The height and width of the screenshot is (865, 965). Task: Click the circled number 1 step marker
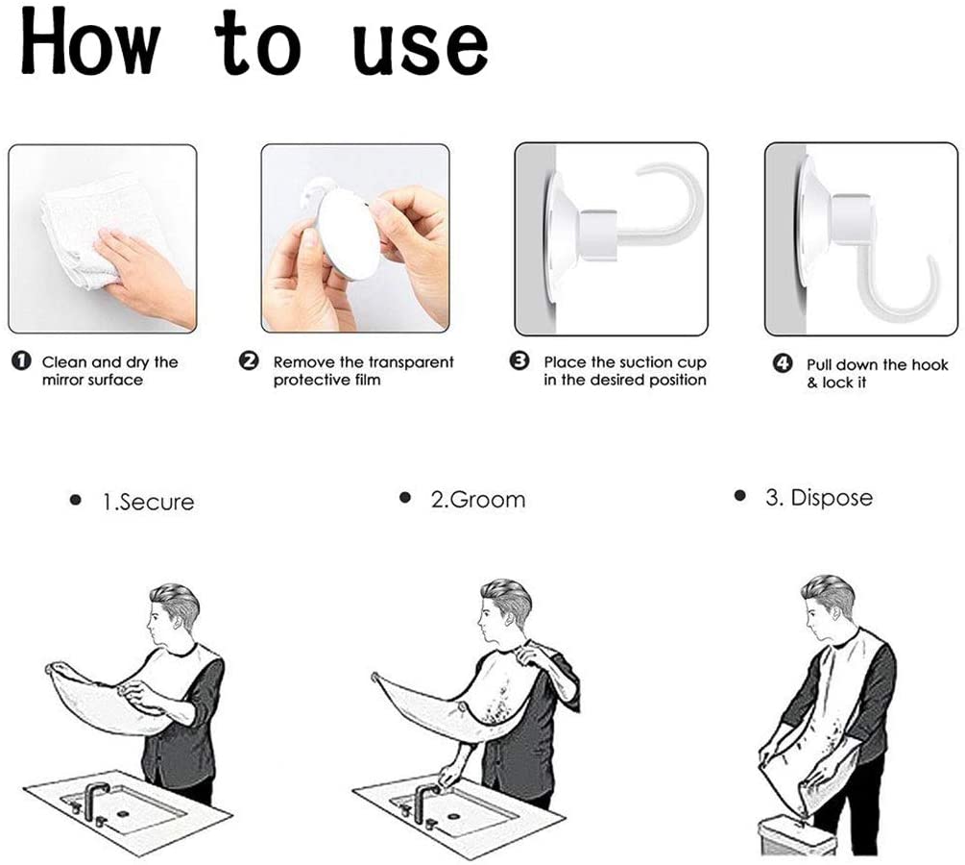click(21, 361)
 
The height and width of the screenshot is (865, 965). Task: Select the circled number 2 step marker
click(249, 361)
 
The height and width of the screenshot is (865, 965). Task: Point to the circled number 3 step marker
click(520, 361)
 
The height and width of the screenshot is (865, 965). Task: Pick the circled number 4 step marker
click(783, 363)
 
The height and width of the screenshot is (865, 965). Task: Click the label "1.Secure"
click(148, 502)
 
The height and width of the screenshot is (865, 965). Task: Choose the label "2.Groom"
click(478, 499)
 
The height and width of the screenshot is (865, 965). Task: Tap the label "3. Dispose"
click(819, 497)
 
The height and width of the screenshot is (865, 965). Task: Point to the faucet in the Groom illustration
click(424, 802)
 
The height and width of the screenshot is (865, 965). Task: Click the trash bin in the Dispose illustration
click(798, 835)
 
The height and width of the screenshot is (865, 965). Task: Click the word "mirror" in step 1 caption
click(61, 381)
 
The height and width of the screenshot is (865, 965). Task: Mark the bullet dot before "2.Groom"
click(405, 497)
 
